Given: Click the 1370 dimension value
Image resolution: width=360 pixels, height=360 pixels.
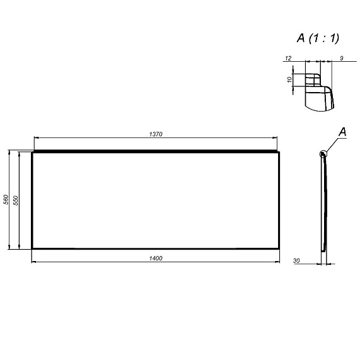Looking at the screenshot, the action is click(156, 134).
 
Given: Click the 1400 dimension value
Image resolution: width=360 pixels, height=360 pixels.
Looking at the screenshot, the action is click(156, 258).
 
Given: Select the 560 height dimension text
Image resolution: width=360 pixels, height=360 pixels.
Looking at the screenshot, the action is click(6, 199).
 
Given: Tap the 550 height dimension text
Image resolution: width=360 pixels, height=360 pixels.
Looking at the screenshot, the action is click(16, 200).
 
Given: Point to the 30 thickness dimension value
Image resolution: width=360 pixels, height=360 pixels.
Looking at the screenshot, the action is click(296, 261).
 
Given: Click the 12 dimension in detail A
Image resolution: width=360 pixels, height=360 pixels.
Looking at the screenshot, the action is click(288, 58).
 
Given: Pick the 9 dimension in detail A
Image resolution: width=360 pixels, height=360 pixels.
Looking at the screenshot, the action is click(342, 58).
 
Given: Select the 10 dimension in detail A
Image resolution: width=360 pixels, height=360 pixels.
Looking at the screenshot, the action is click(289, 79).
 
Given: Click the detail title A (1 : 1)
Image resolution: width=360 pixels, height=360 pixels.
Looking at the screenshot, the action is click(318, 38).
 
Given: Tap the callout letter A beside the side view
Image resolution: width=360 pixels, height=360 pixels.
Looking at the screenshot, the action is click(342, 132).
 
